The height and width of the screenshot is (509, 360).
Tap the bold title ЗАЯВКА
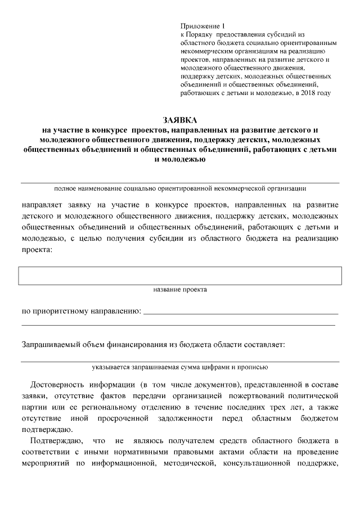pos(180,120)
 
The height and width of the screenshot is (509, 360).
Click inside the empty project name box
pos(180,276)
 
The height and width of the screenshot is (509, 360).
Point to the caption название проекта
pos(180,290)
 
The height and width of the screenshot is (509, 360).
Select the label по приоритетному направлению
pos(80,310)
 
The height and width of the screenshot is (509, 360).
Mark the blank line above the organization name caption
pos(180,182)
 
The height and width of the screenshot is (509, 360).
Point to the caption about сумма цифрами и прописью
pos(180,367)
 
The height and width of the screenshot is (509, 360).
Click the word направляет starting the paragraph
pos(43,204)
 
